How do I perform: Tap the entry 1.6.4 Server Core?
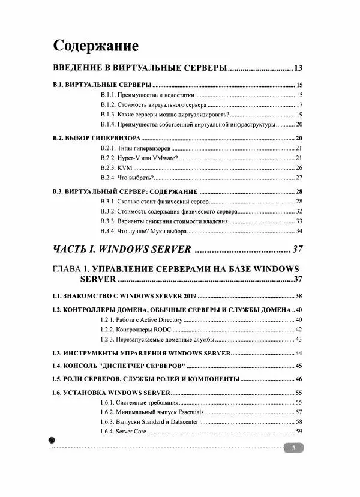click(x=123, y=432)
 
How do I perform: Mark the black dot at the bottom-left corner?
click(x=52, y=441)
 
